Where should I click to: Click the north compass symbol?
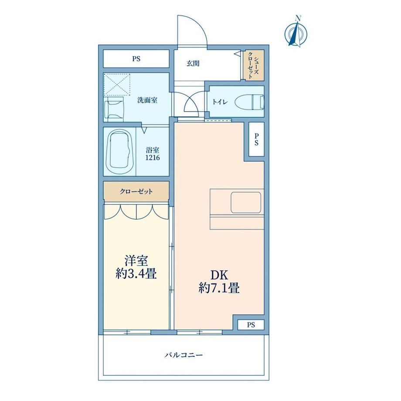click(x=296, y=32)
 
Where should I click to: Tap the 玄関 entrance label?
click(x=193, y=63)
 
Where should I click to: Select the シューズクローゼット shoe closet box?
click(x=253, y=65)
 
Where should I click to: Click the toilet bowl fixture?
click(x=250, y=102)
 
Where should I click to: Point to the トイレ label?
click(x=220, y=102)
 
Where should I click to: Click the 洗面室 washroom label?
click(x=147, y=100)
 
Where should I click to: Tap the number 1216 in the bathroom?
click(x=153, y=157)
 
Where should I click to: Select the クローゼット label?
click(x=136, y=191)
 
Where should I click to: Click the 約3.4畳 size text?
click(x=136, y=275)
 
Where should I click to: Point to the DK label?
click(x=219, y=275)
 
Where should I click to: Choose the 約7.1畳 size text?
click(x=219, y=289)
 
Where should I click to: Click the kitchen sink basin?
click(x=246, y=203)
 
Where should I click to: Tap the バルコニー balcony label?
click(x=184, y=355)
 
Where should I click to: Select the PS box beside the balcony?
click(x=251, y=325)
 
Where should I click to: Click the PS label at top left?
click(x=136, y=59)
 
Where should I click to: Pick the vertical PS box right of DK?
click(x=256, y=139)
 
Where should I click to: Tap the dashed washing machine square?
click(x=117, y=85)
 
